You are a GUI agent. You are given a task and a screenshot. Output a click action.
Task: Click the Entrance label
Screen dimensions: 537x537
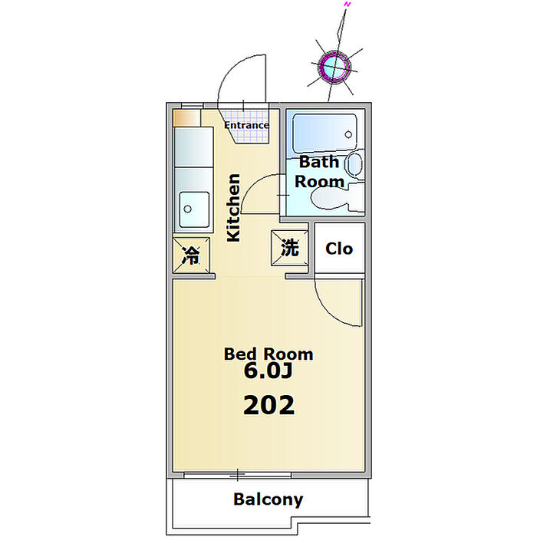click(x=246, y=125)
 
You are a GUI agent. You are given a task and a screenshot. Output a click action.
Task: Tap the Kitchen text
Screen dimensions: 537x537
click(x=233, y=208)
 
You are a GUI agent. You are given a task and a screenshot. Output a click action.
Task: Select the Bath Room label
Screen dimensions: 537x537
click(x=319, y=172)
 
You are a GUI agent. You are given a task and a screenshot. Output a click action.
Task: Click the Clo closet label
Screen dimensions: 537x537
click(x=339, y=249)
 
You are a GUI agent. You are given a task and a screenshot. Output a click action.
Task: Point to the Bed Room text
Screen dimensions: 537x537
click(x=268, y=354)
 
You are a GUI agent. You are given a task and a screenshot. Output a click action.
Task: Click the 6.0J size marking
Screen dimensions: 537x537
click(x=268, y=372)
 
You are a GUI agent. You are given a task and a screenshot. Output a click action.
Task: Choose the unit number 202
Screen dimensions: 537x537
click(x=268, y=405)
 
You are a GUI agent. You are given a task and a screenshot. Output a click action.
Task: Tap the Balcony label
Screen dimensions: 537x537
click(x=268, y=499)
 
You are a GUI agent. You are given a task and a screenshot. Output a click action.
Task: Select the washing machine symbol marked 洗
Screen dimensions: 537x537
click(x=289, y=248)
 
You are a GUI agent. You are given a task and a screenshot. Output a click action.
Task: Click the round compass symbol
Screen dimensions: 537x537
click(x=335, y=67)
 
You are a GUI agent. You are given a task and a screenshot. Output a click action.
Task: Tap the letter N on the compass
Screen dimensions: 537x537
click(x=348, y=5)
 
